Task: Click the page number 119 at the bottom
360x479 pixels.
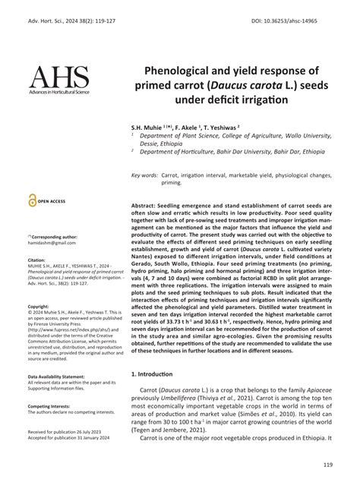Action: pyautogui.click(x=327, y=465)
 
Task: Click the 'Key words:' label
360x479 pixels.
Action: pyautogui.click(x=144, y=175)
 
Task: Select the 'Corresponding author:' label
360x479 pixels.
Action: pyautogui.click(x=55, y=237)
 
